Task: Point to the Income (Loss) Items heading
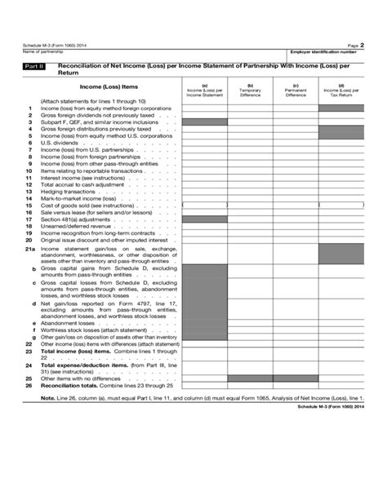click(109, 86)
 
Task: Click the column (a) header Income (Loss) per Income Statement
click(204, 91)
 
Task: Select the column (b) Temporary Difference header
click(250, 91)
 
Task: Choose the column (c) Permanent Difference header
click(296, 91)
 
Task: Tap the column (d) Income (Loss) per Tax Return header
click(341, 91)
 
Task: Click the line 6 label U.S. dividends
click(57, 143)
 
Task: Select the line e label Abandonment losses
click(69, 323)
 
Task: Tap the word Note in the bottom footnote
click(48, 399)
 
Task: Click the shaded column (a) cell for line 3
click(204, 122)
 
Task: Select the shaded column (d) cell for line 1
click(341, 108)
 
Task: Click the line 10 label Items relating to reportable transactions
click(90, 170)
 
